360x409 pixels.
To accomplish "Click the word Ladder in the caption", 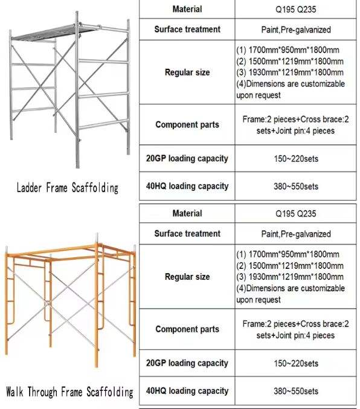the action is tap(29, 187).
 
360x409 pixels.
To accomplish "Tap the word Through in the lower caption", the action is tap(42, 391).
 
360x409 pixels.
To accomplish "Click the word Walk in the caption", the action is tap(14, 391).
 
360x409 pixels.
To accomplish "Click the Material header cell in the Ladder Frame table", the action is tap(187, 9).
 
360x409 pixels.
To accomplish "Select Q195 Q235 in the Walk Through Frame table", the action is tap(295, 214).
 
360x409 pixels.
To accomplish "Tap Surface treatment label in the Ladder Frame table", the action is tap(187, 29).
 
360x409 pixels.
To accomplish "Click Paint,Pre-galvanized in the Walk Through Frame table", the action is tap(296, 234).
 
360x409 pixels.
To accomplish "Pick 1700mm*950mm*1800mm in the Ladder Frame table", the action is tap(294, 50).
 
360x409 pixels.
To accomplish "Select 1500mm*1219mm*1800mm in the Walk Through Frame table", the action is tap(296, 266).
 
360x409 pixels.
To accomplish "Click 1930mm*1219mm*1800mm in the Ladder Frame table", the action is tap(296, 72).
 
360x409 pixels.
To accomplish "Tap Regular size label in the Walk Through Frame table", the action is tap(187, 277).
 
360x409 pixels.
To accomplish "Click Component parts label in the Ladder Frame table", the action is tap(187, 124).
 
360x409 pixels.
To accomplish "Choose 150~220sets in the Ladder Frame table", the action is tap(296, 159).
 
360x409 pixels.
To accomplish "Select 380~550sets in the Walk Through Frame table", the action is tap(296, 391).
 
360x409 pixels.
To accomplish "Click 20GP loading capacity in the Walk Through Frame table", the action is tap(187, 363).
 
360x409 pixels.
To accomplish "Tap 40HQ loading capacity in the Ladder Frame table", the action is tap(187, 186).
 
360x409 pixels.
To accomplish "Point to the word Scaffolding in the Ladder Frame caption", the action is tap(95, 188).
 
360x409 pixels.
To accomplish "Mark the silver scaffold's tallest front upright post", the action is tap(77, 90).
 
